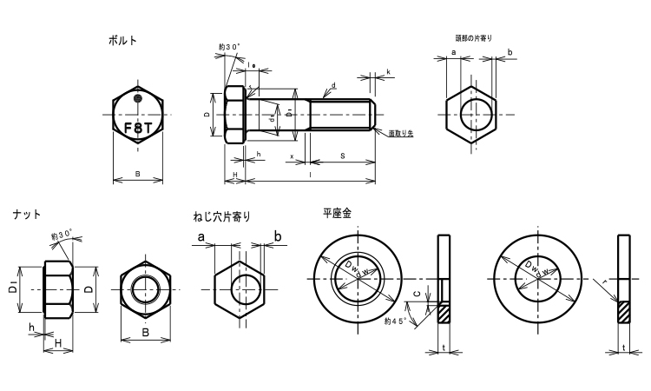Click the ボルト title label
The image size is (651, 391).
[x=122, y=40]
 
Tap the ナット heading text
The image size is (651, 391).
[x=27, y=214]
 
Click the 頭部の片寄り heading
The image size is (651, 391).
[x=473, y=38]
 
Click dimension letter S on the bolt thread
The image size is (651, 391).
[x=343, y=156]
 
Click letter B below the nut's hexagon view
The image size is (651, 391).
[x=145, y=332]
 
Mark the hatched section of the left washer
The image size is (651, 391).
[x=444, y=311]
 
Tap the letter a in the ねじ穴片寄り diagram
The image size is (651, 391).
[x=201, y=236]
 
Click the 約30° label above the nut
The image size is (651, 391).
[x=61, y=235]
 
